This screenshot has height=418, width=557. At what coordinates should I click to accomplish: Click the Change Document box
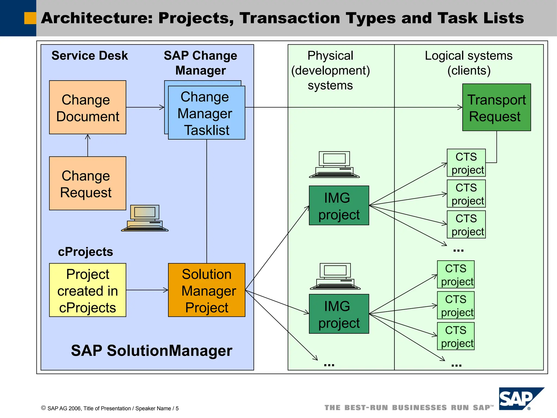click(88, 107)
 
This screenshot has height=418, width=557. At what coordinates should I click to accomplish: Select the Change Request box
click(88, 183)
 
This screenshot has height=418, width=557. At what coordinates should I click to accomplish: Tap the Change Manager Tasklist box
click(207, 113)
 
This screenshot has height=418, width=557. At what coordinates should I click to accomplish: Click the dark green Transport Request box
click(496, 107)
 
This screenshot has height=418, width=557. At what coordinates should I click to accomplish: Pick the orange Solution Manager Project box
click(207, 290)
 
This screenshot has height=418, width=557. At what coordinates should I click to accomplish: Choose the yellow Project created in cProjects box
click(88, 290)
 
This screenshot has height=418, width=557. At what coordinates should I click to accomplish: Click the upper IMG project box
click(339, 205)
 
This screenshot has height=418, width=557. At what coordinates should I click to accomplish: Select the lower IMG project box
click(339, 314)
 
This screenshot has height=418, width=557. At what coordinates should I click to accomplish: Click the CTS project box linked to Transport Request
click(466, 163)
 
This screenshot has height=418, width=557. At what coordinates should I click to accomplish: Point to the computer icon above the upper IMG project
click(334, 165)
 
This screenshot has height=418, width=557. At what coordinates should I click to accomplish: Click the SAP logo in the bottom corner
click(518, 399)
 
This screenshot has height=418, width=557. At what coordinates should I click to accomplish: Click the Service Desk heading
click(89, 56)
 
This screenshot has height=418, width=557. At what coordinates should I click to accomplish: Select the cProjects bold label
click(85, 252)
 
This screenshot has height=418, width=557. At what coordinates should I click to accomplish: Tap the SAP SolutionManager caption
click(151, 351)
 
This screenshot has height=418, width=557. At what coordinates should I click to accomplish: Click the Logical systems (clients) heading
click(469, 63)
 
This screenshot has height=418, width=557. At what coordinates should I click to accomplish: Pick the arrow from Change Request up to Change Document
click(88, 145)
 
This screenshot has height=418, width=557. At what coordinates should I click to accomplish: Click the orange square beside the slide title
click(30, 18)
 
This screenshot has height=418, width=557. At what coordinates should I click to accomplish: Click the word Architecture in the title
click(97, 18)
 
